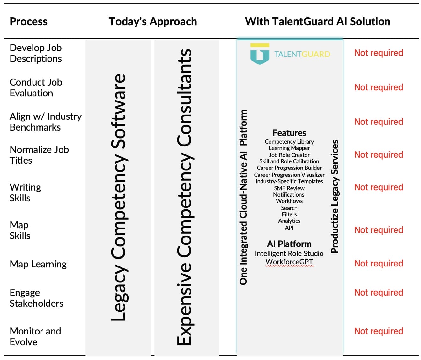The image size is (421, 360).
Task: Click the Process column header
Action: (x=28, y=21)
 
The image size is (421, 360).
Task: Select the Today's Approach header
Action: (x=152, y=21)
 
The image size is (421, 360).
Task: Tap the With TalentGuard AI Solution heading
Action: (x=317, y=21)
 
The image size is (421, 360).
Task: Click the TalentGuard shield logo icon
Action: (x=260, y=54)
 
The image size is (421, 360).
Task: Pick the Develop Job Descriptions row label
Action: (x=36, y=53)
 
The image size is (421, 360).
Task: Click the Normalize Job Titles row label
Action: (x=39, y=155)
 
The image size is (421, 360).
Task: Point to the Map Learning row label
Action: (x=38, y=264)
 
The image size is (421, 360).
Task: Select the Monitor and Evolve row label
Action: (x=35, y=336)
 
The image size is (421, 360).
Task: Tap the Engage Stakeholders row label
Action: (x=36, y=298)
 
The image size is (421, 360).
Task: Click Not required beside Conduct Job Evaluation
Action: (x=379, y=87)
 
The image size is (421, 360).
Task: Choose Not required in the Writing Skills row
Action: (x=379, y=187)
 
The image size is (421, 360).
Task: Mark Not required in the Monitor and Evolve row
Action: (x=379, y=331)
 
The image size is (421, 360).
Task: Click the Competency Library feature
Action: (x=289, y=141)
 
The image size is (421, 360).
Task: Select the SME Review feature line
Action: (x=289, y=188)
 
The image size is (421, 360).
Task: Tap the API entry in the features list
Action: (x=289, y=228)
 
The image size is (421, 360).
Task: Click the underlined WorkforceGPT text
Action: (x=289, y=262)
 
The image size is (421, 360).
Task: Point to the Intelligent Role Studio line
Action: (x=289, y=253)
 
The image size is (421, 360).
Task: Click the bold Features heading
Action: (x=289, y=133)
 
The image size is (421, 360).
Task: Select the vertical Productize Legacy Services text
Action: (x=334, y=196)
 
